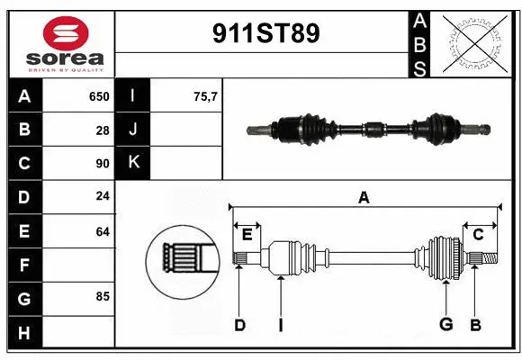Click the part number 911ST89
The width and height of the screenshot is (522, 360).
[x=265, y=35]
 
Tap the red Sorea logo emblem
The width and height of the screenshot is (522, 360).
[x=58, y=35]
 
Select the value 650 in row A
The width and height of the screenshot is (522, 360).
[x=98, y=96]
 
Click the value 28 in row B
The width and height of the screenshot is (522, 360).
[x=103, y=130]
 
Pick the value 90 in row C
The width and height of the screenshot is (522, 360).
[x=103, y=164]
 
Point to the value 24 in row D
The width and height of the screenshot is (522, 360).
[x=103, y=197]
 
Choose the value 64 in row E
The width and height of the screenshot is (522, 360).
[x=103, y=231]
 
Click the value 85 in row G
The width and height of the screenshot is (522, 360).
[x=103, y=294]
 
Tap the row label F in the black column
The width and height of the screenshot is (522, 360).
[x=24, y=265]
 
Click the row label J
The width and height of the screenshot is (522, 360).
[x=133, y=130]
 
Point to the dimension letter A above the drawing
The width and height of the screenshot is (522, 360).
[x=364, y=197]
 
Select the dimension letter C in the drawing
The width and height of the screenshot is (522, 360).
[x=479, y=235]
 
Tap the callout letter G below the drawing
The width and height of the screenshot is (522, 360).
[x=445, y=325]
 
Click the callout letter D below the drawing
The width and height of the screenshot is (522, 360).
[x=239, y=325]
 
